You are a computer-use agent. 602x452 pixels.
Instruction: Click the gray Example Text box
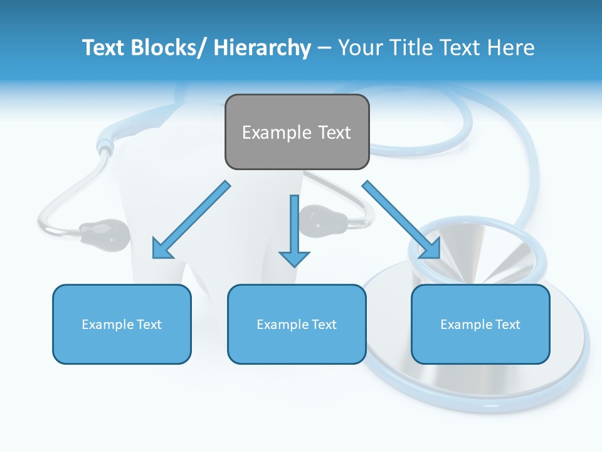(x=297, y=132)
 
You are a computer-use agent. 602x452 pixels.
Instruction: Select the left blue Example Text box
(x=122, y=324)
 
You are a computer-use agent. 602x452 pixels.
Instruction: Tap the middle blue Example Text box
(x=297, y=324)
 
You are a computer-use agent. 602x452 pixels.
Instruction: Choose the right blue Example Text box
(x=480, y=324)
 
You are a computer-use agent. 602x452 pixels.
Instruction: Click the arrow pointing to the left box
(x=191, y=220)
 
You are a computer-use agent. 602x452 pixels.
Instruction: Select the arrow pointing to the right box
(x=401, y=220)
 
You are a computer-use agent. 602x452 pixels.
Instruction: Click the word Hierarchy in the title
(x=262, y=48)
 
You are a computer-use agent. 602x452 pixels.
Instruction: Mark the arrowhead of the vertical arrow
(x=295, y=258)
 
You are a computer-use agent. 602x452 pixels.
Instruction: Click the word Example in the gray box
(x=268, y=132)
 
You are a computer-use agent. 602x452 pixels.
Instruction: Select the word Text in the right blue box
(x=507, y=324)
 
